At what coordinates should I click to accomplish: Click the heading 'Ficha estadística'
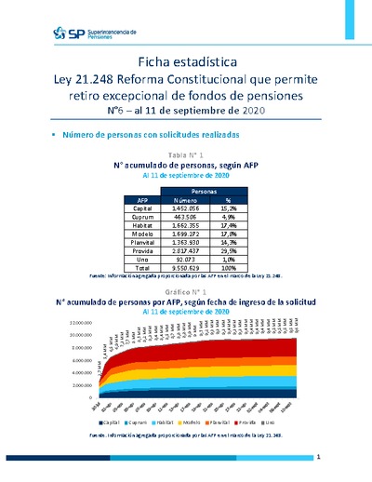click(185, 61)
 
